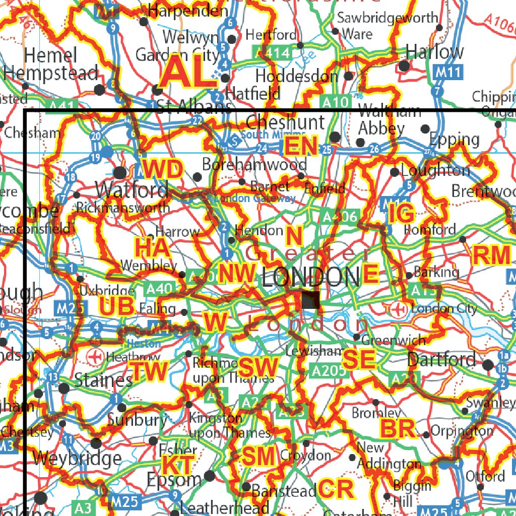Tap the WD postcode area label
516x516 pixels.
point(162,169)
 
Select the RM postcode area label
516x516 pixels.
point(491,255)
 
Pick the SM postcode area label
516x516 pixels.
point(259,457)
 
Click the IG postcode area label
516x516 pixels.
point(401,214)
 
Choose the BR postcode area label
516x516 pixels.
point(398,429)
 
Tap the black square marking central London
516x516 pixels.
point(310,300)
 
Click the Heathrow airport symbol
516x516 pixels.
point(94,357)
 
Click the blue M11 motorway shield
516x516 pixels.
point(447,73)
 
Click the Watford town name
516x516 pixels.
point(132,190)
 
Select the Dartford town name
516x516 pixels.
point(441,359)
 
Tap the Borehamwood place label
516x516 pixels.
point(254,164)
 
